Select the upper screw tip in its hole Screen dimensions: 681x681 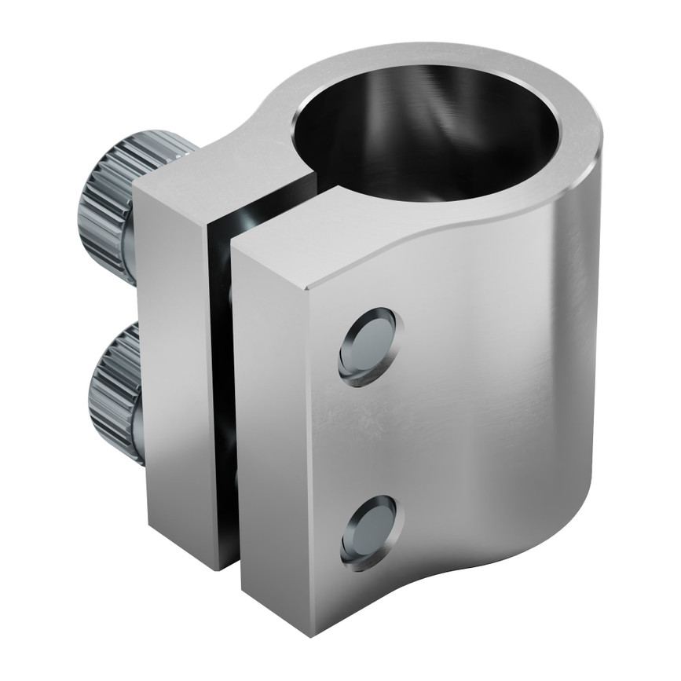[x=368, y=346]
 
